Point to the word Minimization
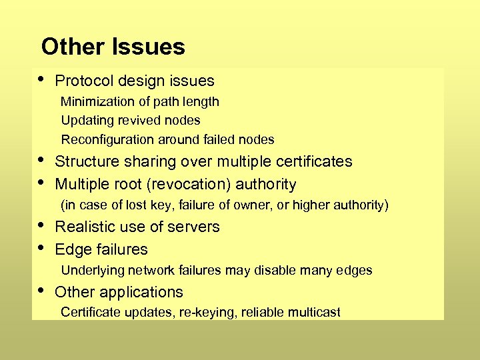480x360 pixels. click(x=97, y=102)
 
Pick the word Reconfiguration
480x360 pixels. click(x=107, y=140)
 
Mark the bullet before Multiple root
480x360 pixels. click(x=41, y=181)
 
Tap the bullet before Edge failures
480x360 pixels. click(x=41, y=247)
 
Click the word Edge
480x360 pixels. click(x=70, y=250)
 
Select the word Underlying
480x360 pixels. click(x=92, y=271)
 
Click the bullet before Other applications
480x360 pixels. click(x=41, y=289)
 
